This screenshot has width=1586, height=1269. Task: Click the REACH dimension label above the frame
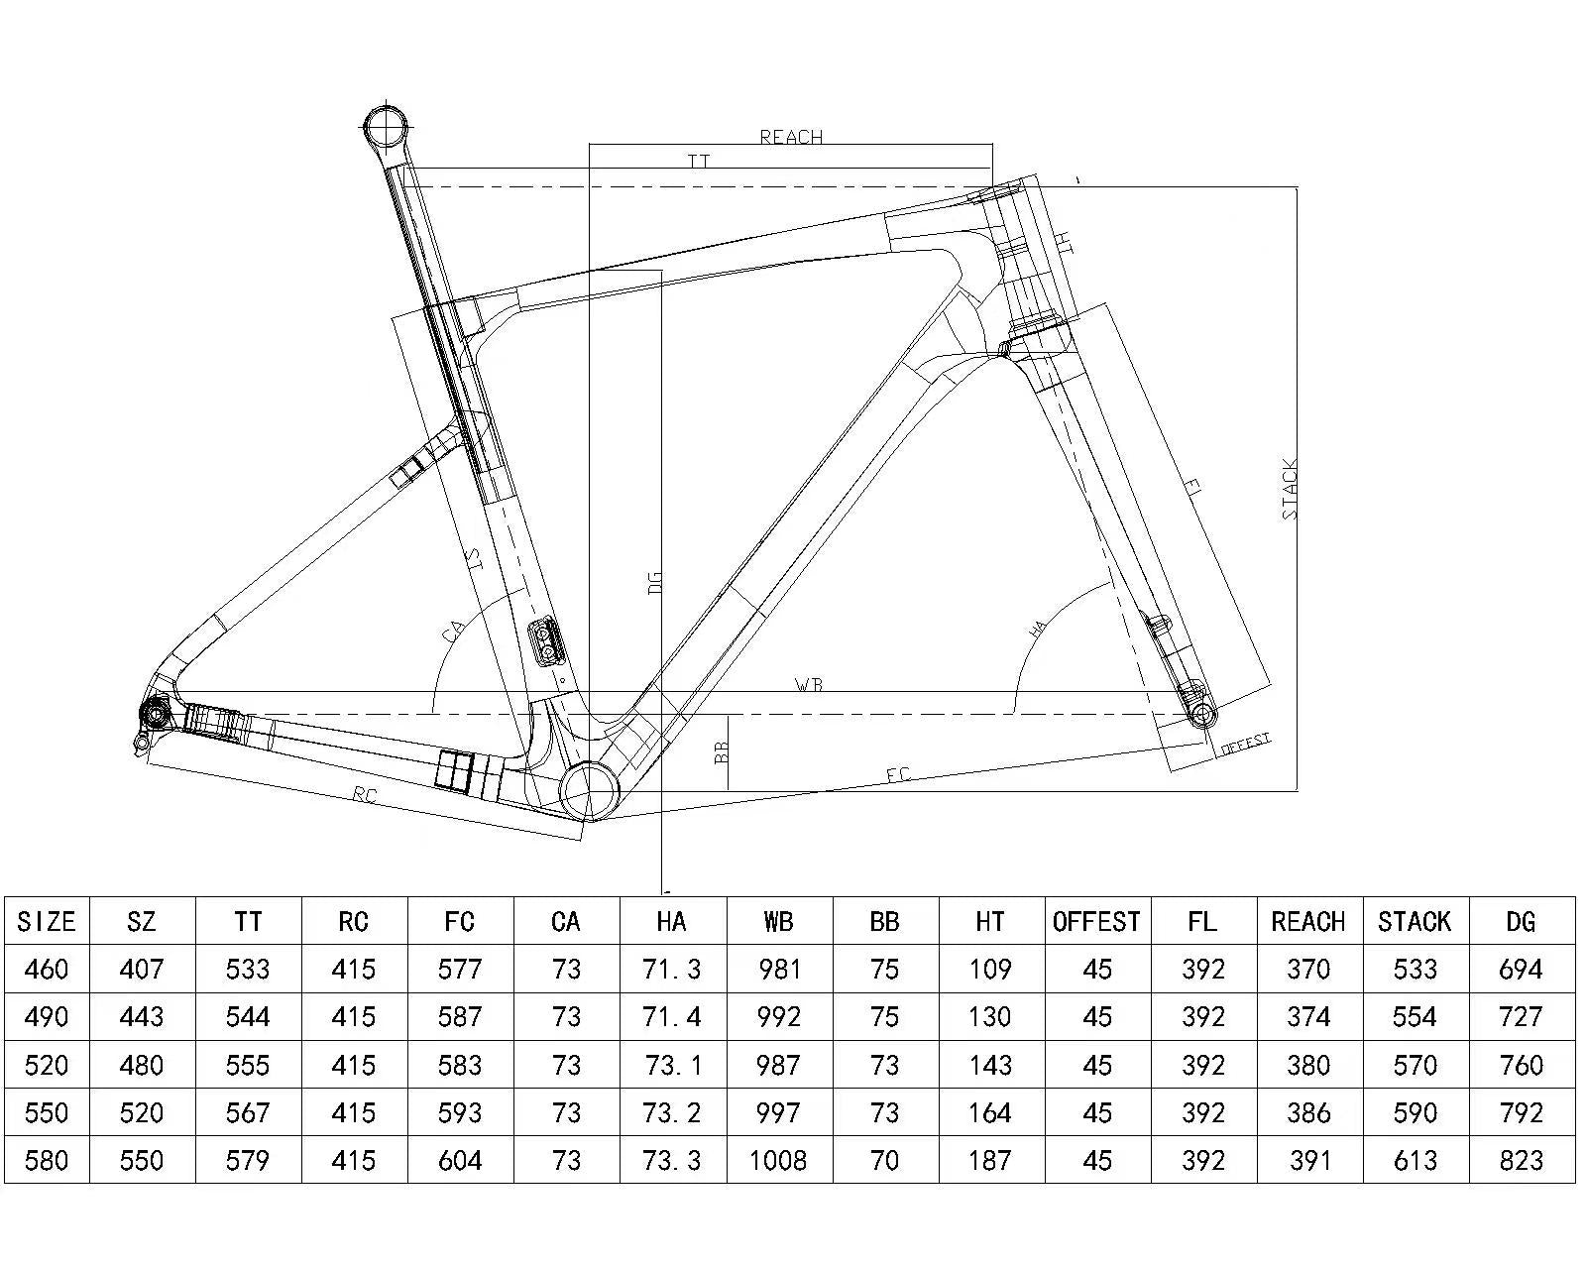(x=791, y=137)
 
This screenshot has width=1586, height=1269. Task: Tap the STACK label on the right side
(x=1289, y=489)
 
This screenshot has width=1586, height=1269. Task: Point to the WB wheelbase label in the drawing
(x=809, y=685)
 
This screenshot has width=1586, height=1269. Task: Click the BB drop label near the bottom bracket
(x=722, y=752)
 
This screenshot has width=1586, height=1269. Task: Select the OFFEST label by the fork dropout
(x=1245, y=744)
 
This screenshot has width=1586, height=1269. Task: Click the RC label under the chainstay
(x=365, y=795)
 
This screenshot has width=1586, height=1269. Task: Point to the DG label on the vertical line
(x=654, y=582)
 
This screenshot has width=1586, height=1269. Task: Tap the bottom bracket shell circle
(x=589, y=789)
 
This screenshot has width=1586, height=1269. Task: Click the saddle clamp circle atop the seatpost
(x=387, y=126)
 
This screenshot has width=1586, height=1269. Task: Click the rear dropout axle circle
(x=155, y=711)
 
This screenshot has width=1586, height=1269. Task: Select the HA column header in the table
(x=671, y=922)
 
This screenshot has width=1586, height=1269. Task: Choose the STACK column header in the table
(x=1415, y=922)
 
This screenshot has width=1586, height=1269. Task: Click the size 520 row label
(x=47, y=1065)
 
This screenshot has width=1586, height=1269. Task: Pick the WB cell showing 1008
(x=778, y=1160)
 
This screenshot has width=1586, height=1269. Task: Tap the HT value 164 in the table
(x=989, y=1112)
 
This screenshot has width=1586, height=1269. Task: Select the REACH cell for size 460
(x=1308, y=969)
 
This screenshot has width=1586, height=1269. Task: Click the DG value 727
(x=1521, y=1017)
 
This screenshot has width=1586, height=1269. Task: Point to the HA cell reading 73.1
(x=671, y=1065)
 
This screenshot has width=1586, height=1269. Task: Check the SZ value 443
(x=142, y=1017)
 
